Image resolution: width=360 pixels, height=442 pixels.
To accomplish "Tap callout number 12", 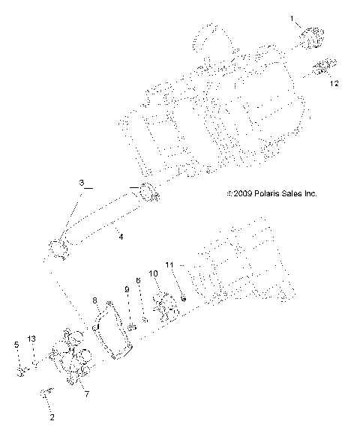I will (334, 84).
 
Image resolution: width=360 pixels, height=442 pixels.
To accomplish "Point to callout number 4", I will (120, 237).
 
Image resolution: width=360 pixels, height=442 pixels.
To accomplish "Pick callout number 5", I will (16, 345).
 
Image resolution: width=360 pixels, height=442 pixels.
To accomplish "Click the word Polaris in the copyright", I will (270, 193).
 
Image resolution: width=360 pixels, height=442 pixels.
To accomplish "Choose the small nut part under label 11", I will (182, 300).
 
